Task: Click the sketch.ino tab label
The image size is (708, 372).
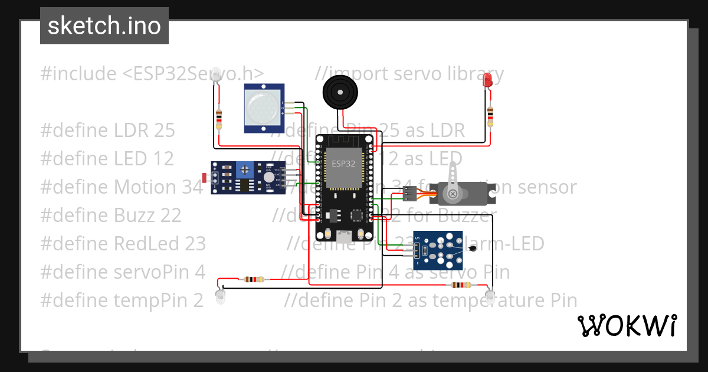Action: (104, 26)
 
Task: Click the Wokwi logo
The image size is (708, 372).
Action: (627, 325)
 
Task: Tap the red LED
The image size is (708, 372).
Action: (487, 80)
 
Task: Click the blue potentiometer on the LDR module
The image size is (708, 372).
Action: (243, 171)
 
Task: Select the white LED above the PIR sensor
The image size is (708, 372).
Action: (217, 74)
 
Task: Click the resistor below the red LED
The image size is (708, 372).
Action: (490, 116)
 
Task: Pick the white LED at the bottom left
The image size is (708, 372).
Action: (220, 296)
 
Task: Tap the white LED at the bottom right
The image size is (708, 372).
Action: (490, 295)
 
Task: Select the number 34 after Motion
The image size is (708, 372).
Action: (192, 187)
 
